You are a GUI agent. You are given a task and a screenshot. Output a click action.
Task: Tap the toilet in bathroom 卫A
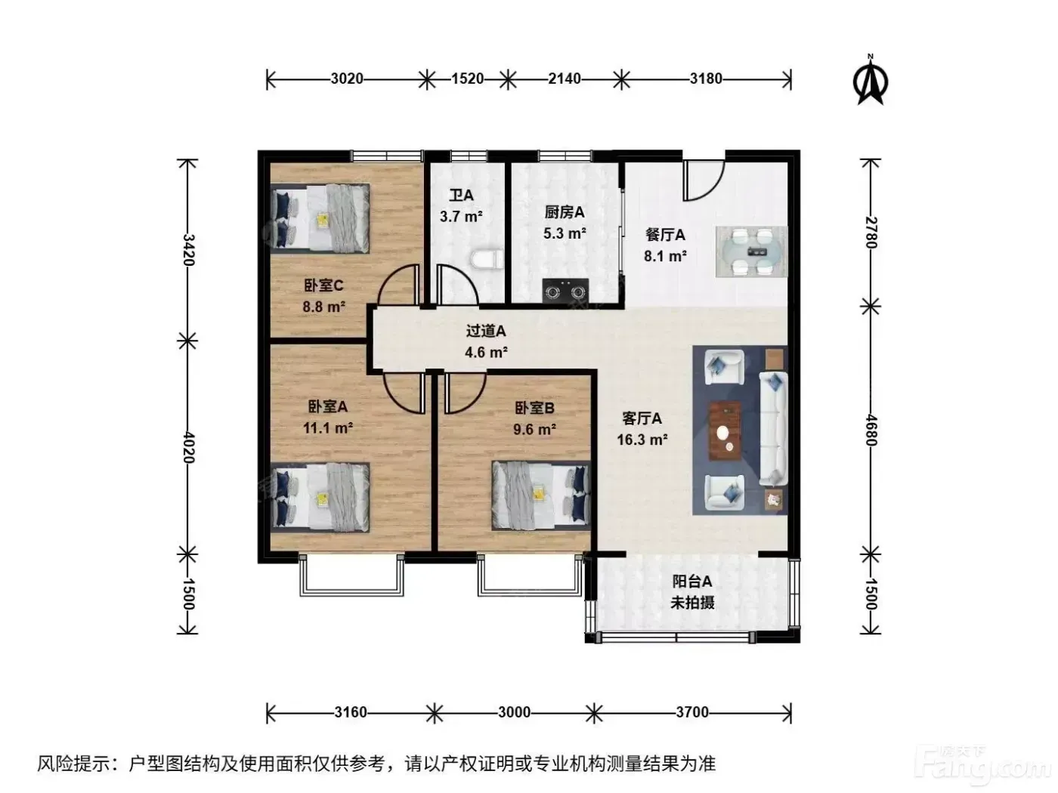click(487, 258)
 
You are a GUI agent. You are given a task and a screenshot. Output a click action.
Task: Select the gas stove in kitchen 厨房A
click(565, 291)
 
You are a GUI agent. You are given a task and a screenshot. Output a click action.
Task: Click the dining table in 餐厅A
click(751, 251)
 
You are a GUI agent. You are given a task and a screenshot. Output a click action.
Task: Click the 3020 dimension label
click(347, 79)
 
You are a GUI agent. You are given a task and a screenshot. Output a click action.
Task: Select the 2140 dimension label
click(564, 79)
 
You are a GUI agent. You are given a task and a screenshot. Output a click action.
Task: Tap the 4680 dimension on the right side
click(871, 430)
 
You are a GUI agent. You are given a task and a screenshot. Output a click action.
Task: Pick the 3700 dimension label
click(691, 711)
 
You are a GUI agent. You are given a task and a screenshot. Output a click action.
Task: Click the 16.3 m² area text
click(642, 440)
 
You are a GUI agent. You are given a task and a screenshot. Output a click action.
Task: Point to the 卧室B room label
click(534, 409)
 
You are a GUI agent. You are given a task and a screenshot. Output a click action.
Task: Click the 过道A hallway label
click(485, 331)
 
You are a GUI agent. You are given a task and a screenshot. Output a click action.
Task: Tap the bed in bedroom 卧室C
click(320, 218)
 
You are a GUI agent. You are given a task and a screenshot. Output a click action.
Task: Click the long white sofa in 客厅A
click(773, 428)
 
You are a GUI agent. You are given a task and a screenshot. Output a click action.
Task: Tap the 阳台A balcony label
click(691, 581)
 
